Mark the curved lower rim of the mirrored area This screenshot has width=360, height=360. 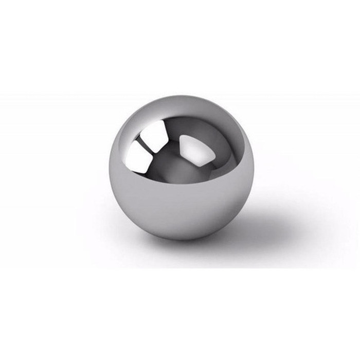(x=180, y=184)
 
